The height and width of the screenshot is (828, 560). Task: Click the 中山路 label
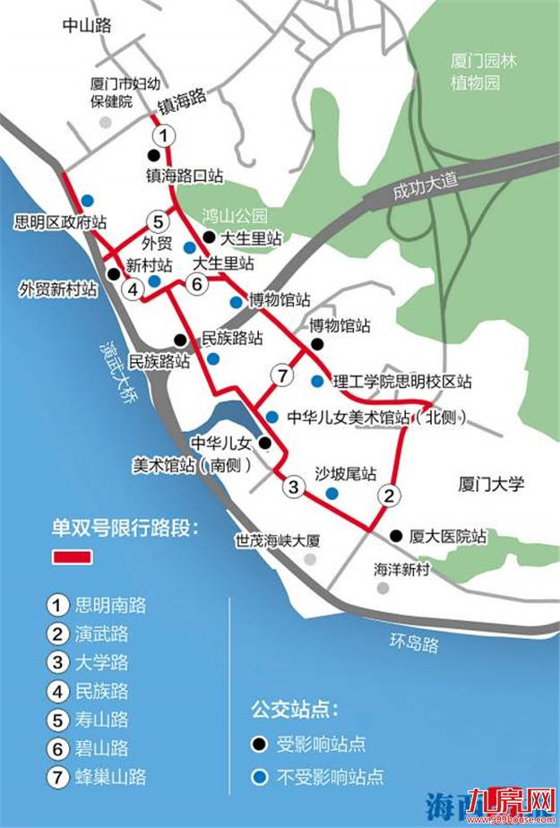pyautogui.click(x=87, y=26)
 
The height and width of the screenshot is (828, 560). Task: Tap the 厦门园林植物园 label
pyautogui.click(x=484, y=73)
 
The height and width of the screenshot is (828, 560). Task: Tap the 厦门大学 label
pyautogui.click(x=490, y=485)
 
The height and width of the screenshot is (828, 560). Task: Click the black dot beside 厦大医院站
pyautogui.click(x=396, y=536)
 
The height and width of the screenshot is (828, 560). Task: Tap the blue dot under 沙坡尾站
pyautogui.click(x=332, y=493)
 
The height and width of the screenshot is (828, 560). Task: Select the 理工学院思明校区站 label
pyautogui.click(x=402, y=382)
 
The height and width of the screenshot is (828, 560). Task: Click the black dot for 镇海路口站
pyautogui.click(x=153, y=156)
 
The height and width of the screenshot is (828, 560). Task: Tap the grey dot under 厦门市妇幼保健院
pyautogui.click(x=106, y=122)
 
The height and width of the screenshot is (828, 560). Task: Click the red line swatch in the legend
pyautogui.click(x=73, y=556)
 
